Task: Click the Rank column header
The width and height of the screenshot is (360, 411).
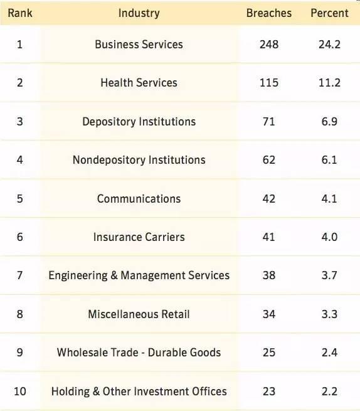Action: point(20,13)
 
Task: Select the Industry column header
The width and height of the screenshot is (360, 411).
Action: point(139,13)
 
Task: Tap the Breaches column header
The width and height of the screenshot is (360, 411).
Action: point(269,13)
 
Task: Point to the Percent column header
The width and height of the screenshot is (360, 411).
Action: point(329,13)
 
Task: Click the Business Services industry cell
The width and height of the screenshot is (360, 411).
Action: point(139,45)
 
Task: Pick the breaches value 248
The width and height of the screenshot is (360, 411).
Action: point(269,45)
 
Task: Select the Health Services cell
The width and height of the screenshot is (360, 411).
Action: point(139,83)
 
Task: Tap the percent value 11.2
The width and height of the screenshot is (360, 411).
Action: point(329,83)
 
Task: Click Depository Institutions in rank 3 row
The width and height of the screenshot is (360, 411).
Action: point(139,122)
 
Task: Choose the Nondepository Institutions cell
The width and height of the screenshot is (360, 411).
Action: point(139,160)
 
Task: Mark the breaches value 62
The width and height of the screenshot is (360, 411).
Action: point(269,160)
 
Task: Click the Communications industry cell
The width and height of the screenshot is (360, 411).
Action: point(139,199)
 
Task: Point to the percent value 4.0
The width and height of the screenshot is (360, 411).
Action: point(329,237)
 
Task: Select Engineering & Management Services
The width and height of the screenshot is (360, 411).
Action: point(139,275)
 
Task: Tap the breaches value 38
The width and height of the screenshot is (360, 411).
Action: point(269,275)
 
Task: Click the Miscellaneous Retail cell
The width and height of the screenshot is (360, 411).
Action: point(139,314)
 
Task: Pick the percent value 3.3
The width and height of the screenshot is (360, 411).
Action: point(329,314)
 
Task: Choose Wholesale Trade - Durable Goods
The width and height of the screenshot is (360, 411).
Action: point(139,353)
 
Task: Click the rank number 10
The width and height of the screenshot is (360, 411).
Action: point(20,391)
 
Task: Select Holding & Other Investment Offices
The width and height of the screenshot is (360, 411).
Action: point(139,392)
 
